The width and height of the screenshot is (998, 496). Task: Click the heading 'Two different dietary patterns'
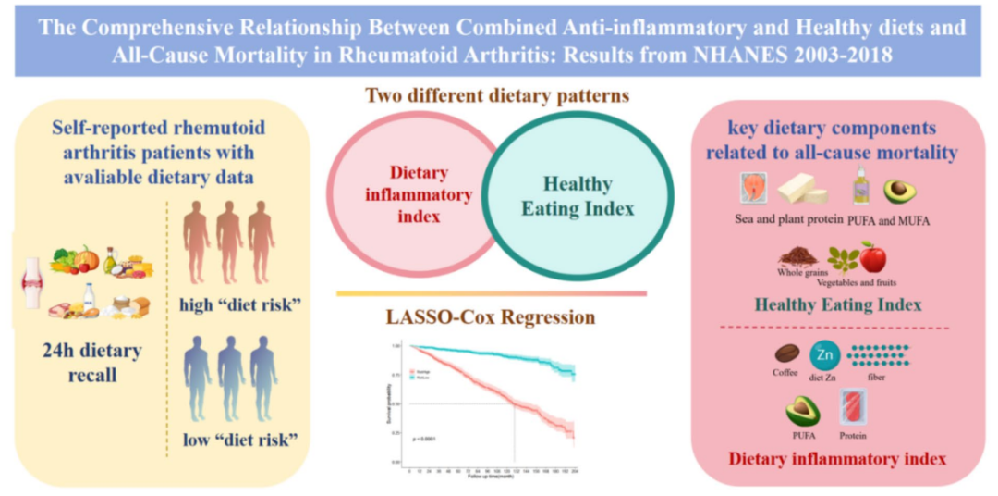click(497, 95)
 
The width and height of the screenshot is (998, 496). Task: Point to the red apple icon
click(872, 256)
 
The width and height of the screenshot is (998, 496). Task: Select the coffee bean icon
click(786, 354)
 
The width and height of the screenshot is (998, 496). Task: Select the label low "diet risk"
click(232, 437)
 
